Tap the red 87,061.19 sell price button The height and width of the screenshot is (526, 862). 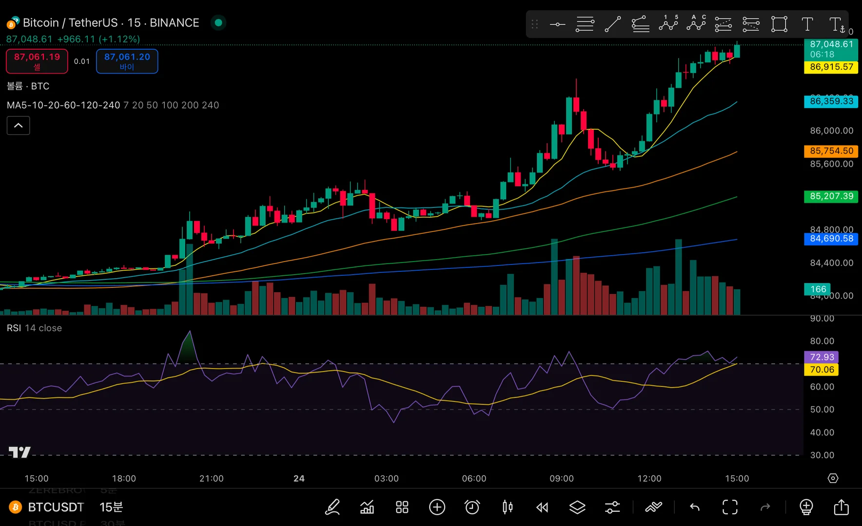pyautogui.click(x=37, y=61)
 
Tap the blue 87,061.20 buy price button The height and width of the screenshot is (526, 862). pyautogui.click(x=127, y=61)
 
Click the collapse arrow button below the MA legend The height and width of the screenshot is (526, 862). pyautogui.click(x=19, y=125)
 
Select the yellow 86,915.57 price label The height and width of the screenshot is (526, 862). pyautogui.click(x=831, y=67)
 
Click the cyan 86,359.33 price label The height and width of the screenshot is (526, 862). pyautogui.click(x=831, y=101)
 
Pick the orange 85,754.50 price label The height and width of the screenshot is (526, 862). pyautogui.click(x=831, y=151)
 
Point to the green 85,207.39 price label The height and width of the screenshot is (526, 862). pyautogui.click(x=831, y=196)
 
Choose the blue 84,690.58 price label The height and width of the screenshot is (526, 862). pyautogui.click(x=831, y=239)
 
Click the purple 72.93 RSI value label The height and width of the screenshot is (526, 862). pyautogui.click(x=822, y=357)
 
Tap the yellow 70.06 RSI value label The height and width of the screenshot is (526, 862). pyautogui.click(x=822, y=370)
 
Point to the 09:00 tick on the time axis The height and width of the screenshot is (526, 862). pyautogui.click(x=562, y=478)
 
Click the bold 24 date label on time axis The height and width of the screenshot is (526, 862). pyautogui.click(x=299, y=478)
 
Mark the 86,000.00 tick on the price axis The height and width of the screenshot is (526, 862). pyautogui.click(x=831, y=131)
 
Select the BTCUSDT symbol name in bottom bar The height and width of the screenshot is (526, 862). pyautogui.click(x=56, y=507)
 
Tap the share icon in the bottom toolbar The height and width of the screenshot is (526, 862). pyautogui.click(x=841, y=507)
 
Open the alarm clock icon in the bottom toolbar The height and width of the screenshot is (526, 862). pyautogui.click(x=472, y=507)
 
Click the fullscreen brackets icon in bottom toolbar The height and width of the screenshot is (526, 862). pyautogui.click(x=730, y=507)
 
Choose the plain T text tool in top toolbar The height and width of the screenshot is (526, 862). pyautogui.click(x=807, y=24)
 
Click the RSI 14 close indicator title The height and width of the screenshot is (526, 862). pyautogui.click(x=34, y=328)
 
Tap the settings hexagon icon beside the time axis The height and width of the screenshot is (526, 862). pyautogui.click(x=833, y=478)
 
